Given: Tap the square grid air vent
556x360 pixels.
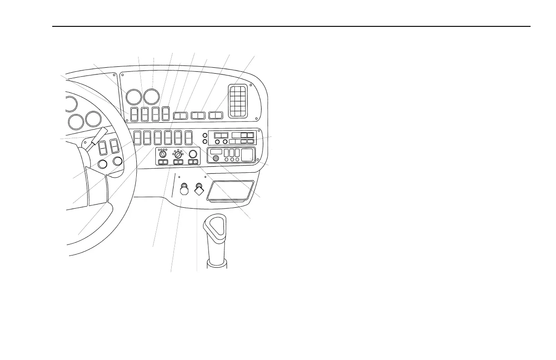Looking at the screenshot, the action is click(238, 100).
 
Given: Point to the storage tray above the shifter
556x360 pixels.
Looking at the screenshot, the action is click(230, 190).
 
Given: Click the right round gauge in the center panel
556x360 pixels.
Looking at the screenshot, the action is click(151, 97).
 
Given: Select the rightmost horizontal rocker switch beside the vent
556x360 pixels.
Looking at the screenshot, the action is click(215, 115).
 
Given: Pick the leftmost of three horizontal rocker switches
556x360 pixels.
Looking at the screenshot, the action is click(180, 115).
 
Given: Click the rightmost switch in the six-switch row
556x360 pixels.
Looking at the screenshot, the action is click(189, 137).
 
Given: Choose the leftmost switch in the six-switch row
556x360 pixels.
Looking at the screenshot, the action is click(137, 137).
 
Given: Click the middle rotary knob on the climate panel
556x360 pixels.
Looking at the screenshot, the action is click(178, 154).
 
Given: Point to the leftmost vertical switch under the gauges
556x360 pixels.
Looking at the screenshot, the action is click(134, 114).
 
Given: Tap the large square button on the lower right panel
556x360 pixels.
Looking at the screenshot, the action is click(247, 155).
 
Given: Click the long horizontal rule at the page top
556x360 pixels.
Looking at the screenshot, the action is click(291, 26).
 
